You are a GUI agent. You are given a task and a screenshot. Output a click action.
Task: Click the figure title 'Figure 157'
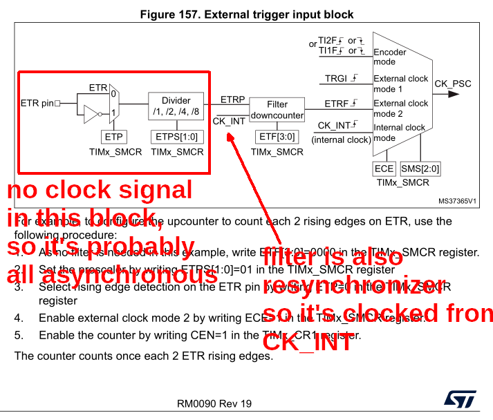pyautogui.click(x=247, y=15)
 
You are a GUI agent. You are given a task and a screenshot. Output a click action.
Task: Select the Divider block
pyautogui.click(x=176, y=106)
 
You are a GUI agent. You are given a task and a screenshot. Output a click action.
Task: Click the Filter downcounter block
pyautogui.click(x=277, y=110)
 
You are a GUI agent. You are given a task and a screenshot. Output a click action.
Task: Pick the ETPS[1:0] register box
pyautogui.click(x=176, y=137)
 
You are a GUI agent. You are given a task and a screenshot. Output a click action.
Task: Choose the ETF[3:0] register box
pyautogui.click(x=277, y=137)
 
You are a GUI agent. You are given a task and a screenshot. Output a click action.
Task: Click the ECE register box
pyautogui.click(x=384, y=169)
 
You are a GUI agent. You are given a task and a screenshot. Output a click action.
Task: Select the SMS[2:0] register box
pyautogui.click(x=421, y=169)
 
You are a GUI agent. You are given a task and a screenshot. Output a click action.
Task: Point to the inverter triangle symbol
pyautogui.click(x=93, y=113)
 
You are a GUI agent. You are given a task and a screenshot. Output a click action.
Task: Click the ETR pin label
pyautogui.click(x=37, y=104)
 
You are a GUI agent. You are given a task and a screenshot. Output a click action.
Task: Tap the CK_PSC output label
pyautogui.click(x=453, y=84)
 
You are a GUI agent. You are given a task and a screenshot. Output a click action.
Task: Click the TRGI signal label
pyautogui.click(x=337, y=79)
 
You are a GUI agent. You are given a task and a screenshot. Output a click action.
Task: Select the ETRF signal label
pyautogui.click(x=337, y=104)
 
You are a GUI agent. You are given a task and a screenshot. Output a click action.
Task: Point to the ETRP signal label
pyautogui.click(x=232, y=99)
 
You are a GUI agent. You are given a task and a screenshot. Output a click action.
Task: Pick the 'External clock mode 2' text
pyautogui.click(x=401, y=108)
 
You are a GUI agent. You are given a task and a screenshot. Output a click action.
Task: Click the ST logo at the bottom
pyautogui.click(x=459, y=401)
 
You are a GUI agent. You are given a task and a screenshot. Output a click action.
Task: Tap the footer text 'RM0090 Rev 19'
pyautogui.click(x=214, y=403)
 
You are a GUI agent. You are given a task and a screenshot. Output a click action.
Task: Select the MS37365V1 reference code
pyautogui.click(x=457, y=202)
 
